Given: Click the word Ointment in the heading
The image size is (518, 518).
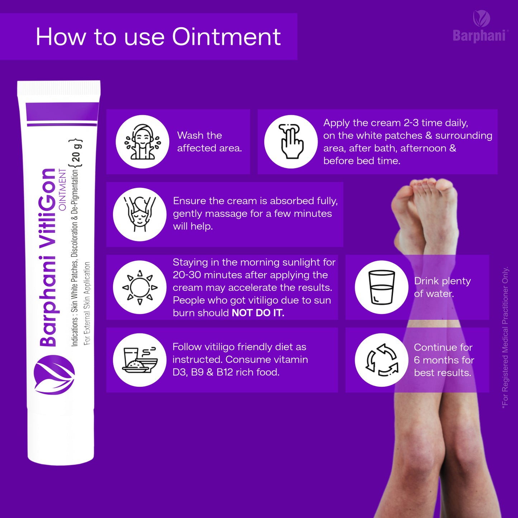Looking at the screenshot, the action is pos(226,37).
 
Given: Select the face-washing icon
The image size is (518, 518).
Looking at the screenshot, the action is pos(142,142).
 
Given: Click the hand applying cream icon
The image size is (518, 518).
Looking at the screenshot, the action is pos(291,142).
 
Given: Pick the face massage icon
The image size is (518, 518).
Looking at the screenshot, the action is pos(140,214).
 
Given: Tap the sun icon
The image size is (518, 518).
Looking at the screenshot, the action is pos(140,287).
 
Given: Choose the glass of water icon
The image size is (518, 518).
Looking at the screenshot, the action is pos(381,287).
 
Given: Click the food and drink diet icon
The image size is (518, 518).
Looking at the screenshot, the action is pos(140,360).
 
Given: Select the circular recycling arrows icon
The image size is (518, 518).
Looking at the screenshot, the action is pos(381,360).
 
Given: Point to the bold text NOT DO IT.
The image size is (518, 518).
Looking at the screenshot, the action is pos(258,313).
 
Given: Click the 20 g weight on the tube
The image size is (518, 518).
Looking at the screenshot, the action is pos(76,152).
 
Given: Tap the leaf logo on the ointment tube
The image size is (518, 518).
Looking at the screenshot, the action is pos(54,375).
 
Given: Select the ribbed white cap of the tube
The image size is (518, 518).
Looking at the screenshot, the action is pos(58,88).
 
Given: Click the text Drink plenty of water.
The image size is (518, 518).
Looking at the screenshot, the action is pos(442,287).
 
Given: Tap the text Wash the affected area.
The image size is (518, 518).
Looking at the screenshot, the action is pos(209,142).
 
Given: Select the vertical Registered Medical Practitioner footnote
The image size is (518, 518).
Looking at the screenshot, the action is pos(505,338).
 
